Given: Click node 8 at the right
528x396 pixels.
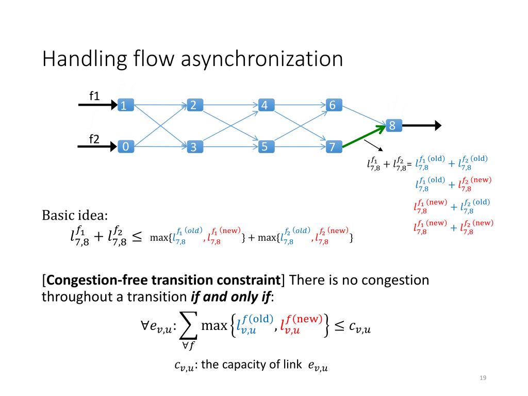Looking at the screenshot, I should coord(393,125).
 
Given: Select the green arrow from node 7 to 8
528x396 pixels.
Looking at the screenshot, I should coord(364,136).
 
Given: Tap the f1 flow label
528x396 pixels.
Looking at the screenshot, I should coord(94,96).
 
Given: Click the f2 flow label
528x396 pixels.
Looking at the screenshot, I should coord(94,138).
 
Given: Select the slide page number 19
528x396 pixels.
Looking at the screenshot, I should coord(483,378).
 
